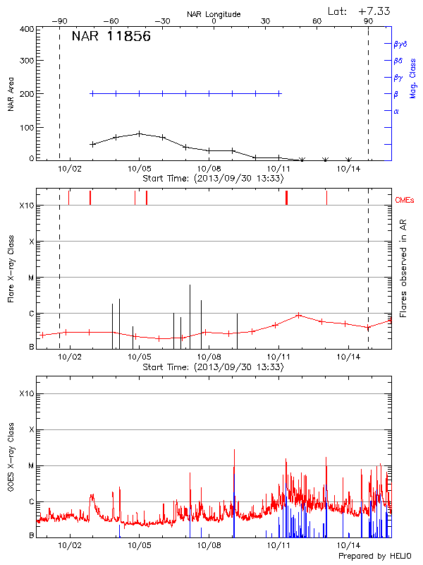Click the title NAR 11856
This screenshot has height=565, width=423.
(111, 37)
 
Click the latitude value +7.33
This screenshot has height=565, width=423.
(374, 11)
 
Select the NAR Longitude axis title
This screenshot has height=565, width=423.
(214, 13)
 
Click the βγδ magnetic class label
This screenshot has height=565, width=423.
(400, 44)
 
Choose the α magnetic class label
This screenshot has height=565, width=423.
(396, 111)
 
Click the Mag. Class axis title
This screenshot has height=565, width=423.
(413, 77)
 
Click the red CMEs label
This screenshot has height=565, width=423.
(405, 201)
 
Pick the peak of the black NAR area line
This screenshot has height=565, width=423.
(140, 133)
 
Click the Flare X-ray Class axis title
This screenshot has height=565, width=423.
(11, 270)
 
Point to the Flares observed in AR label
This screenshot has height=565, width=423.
(403, 268)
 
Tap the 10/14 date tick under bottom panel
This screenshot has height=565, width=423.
(350, 546)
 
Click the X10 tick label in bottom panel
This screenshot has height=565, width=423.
(27, 393)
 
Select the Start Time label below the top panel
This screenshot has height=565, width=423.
(213, 179)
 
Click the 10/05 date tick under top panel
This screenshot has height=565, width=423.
(140, 169)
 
